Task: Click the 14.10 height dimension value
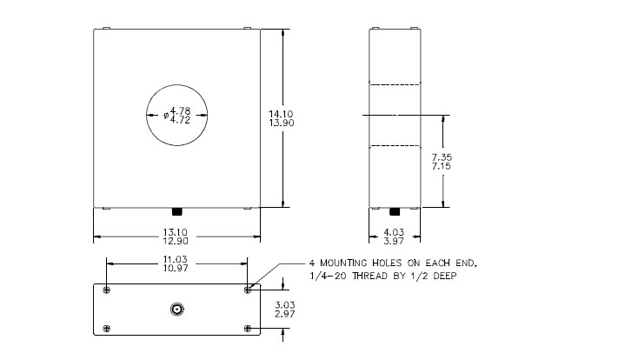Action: click(x=281, y=114)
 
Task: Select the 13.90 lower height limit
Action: click(x=281, y=123)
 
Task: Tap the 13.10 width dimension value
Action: click(x=176, y=232)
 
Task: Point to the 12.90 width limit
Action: click(x=176, y=241)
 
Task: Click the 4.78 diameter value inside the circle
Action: click(x=180, y=110)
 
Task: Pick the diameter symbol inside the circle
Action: click(x=166, y=116)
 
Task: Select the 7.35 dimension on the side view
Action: click(x=442, y=157)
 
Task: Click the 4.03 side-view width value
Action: click(x=394, y=232)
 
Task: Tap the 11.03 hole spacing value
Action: click(x=176, y=259)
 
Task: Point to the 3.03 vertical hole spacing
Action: click(x=285, y=305)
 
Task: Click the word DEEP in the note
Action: click(x=445, y=277)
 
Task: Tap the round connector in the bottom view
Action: click(x=176, y=310)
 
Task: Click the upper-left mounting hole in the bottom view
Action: click(x=107, y=290)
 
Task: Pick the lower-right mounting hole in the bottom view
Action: click(x=248, y=329)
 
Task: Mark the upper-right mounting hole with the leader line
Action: click(x=248, y=290)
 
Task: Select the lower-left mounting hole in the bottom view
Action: click(x=107, y=329)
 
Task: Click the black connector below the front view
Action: click(x=177, y=211)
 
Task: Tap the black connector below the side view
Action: click(x=395, y=211)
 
